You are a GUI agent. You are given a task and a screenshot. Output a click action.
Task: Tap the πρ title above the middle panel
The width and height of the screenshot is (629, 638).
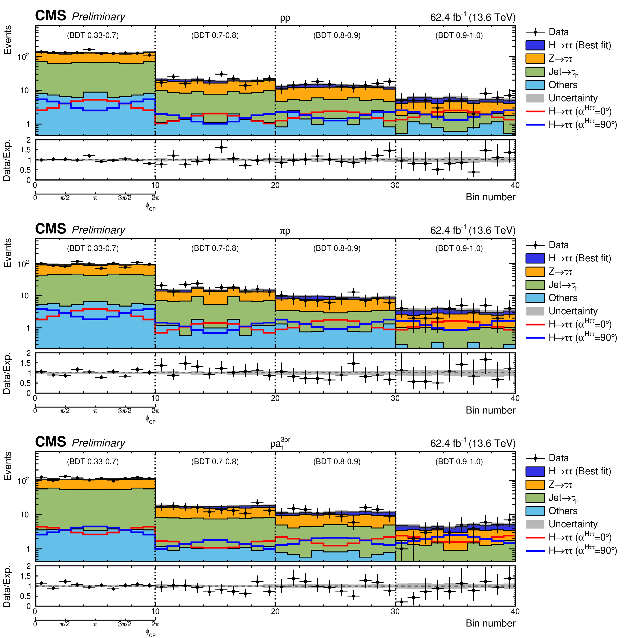pyautogui.click(x=285, y=231)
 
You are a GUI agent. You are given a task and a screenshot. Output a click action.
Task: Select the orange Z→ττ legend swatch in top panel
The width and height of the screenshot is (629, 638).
pyautogui.click(x=535, y=58)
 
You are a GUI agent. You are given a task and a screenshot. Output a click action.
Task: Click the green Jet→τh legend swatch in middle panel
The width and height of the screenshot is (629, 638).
pyautogui.click(x=535, y=285)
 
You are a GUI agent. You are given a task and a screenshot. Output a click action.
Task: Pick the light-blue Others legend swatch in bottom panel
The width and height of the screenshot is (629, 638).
pyautogui.click(x=535, y=511)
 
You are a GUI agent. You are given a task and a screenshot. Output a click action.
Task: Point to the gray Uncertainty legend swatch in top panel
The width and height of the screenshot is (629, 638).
pyautogui.click(x=535, y=98)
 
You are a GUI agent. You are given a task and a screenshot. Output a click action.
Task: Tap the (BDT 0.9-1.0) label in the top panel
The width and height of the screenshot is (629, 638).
pyautogui.click(x=459, y=35)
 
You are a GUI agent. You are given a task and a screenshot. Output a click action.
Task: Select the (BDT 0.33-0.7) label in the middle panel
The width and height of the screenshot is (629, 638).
pyautogui.click(x=93, y=248)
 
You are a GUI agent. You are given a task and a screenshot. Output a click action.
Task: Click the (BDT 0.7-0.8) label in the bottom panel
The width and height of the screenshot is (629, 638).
pyautogui.click(x=215, y=461)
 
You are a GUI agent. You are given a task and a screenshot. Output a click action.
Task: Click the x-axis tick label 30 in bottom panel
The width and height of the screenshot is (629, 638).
pyautogui.click(x=395, y=611)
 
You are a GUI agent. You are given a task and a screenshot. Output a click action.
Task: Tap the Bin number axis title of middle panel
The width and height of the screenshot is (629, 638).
pyautogui.click(x=490, y=410)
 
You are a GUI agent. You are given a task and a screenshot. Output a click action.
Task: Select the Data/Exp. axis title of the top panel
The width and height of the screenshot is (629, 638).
pyautogui.click(x=7, y=160)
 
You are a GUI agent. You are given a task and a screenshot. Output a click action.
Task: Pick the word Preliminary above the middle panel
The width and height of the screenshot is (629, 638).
pyautogui.click(x=98, y=230)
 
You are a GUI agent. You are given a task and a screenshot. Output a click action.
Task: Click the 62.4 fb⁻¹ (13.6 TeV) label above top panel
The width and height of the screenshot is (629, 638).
pyautogui.click(x=473, y=17)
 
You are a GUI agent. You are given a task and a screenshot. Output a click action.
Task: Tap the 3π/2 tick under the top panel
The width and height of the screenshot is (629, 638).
pyautogui.click(x=125, y=198)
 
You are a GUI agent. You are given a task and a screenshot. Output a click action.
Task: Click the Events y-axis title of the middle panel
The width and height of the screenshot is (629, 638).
pyautogui.click(x=7, y=253)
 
